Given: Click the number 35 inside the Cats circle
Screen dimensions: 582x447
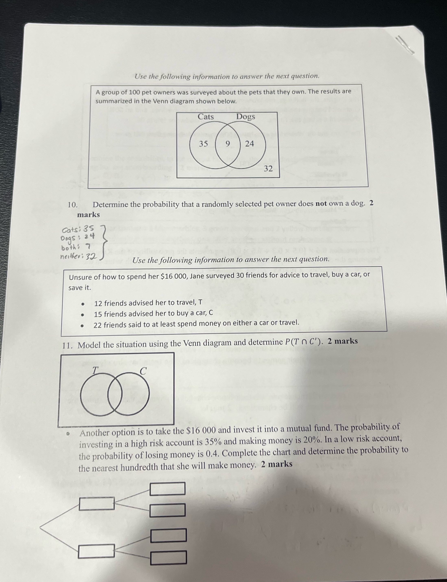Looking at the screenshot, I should pos(203,144).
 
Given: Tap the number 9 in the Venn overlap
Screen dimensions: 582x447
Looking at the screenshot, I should pos(227,144).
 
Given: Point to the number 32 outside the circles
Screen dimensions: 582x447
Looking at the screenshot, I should pos(268,168).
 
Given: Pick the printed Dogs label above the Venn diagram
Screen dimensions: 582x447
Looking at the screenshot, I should pos(246,117).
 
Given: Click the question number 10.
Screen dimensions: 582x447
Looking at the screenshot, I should pos(72,205).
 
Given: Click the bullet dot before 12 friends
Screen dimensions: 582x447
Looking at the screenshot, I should pos(83,304).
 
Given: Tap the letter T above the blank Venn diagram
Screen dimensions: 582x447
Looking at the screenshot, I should pos(95,370).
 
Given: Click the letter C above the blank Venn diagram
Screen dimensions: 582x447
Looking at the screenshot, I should pos(143,371).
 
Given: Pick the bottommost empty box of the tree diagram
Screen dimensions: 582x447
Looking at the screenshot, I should pos(168,558).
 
